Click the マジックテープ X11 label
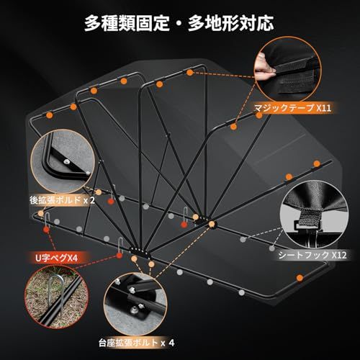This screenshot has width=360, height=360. tap(292, 108)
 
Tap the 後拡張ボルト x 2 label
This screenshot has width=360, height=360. tap(62, 200)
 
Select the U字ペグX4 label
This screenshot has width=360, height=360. tap(57, 258)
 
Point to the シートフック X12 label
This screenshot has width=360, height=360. tap(312, 255)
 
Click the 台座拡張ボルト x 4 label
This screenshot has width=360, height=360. tap(136, 343)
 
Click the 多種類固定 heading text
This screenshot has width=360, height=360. tap(127, 23)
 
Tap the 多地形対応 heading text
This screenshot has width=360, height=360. tap(231, 23)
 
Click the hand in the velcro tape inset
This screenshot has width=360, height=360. tap(264, 67)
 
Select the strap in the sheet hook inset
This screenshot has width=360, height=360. tap(309, 218)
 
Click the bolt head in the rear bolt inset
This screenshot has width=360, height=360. tap(66, 162)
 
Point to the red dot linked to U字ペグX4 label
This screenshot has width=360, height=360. tap(119, 256)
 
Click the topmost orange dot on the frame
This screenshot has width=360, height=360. tap(190, 73)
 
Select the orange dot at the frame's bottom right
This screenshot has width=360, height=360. tap(300, 278)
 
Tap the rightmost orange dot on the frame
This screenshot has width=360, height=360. tap(317, 163)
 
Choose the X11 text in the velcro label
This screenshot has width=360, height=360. tap(324, 108)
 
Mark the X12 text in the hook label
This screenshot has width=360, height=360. tap(339, 255)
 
